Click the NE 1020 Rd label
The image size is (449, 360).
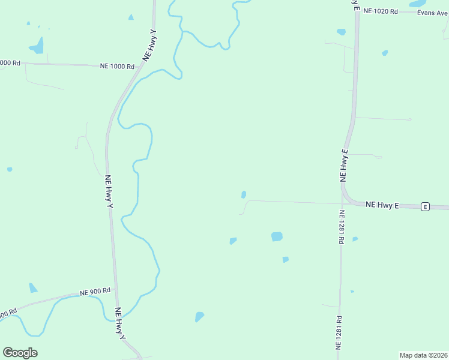click(x=381, y=11)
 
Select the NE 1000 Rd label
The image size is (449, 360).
click(x=118, y=66)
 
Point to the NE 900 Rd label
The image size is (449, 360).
click(x=95, y=292)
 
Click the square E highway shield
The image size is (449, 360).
click(x=425, y=206)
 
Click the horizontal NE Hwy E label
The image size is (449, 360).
click(x=382, y=205)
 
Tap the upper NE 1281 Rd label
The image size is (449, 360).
click(x=341, y=227)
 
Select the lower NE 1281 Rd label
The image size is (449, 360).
click(x=339, y=333)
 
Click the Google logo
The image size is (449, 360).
click(x=20, y=353)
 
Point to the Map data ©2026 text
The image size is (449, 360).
click(x=423, y=355)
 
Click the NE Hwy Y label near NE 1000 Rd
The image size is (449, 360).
click(x=149, y=45)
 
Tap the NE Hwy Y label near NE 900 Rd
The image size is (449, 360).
click(x=121, y=324)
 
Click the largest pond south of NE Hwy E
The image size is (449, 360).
click(x=277, y=236)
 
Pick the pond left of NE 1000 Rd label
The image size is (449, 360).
click(x=37, y=46)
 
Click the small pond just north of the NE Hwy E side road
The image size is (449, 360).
click(x=243, y=194)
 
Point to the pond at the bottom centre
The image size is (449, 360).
click(x=199, y=316)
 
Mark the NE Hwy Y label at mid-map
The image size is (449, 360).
click(x=109, y=191)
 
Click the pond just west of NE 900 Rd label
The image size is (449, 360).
click(x=32, y=289)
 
